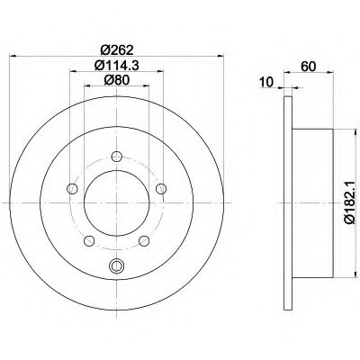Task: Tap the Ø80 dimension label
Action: click(x=115, y=79)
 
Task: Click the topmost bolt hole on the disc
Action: click(x=115, y=157)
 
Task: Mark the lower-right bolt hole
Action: click(x=143, y=240)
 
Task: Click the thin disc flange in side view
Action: click(x=285, y=198)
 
